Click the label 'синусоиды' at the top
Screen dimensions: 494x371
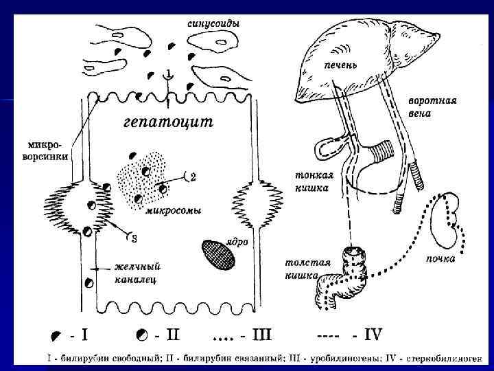click(x=213, y=23)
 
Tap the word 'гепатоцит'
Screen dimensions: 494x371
click(x=168, y=123)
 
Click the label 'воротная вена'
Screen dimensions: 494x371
click(x=432, y=106)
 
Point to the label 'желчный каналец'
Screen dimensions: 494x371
click(x=137, y=273)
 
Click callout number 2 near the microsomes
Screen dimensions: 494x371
click(x=193, y=177)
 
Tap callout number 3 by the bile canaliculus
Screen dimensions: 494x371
click(x=134, y=238)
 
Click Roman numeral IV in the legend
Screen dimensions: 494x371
click(x=372, y=335)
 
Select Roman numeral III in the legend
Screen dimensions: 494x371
click(x=261, y=335)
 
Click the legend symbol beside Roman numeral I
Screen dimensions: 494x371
click(x=56, y=336)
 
